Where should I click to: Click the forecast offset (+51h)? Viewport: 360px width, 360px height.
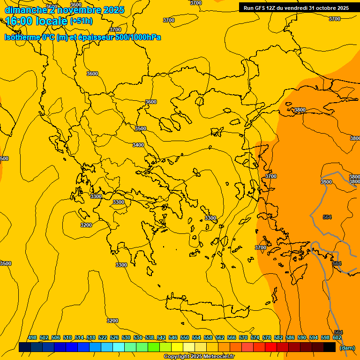pos(81,22)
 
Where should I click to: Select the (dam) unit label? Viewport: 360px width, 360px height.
pos(347,348)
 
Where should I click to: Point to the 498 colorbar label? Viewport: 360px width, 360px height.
pos(32,338)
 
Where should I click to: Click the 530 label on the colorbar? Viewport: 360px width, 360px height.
pos(126,338)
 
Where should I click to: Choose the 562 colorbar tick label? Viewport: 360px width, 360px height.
pos(220,338)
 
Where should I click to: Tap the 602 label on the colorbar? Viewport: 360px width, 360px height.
pos(337,338)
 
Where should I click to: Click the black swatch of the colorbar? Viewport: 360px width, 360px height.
pos(330,347)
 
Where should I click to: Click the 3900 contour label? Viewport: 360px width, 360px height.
pos(326,182)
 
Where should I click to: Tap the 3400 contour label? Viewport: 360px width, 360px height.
pos(138,145)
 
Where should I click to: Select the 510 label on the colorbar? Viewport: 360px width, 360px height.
pos(67,338)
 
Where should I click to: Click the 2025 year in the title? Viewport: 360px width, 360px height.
pos(114,10)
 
